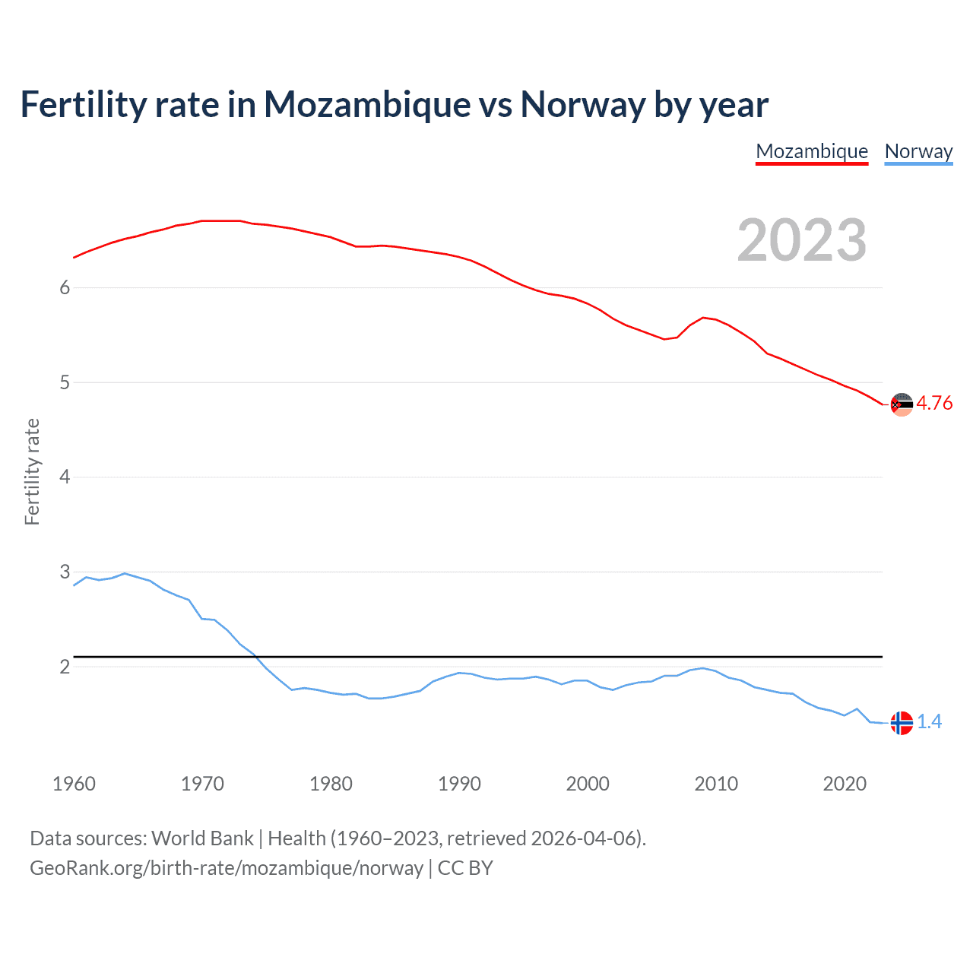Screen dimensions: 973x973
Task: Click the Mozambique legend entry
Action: point(812,151)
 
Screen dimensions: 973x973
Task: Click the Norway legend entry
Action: point(918,151)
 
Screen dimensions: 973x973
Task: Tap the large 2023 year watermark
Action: point(801,240)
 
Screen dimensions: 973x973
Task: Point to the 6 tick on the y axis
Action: point(65,287)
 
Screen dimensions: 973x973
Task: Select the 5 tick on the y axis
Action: point(65,382)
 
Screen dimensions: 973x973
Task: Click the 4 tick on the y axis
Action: point(65,477)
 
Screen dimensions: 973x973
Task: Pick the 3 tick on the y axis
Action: point(65,572)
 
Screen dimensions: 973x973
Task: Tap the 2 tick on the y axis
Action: point(65,667)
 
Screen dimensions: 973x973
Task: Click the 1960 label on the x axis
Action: point(74,784)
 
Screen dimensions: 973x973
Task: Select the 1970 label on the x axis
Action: point(202,784)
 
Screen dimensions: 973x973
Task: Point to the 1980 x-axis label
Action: point(331,784)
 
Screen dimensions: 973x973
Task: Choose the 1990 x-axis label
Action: point(459,784)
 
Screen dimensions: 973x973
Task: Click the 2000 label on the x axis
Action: point(588,784)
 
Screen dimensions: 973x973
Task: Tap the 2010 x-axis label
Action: point(716,784)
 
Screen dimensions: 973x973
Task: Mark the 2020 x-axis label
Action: point(845,784)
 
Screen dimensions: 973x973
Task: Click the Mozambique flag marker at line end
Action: point(902,404)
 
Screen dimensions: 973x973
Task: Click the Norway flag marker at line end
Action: point(902,723)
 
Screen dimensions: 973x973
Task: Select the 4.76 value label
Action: point(934,404)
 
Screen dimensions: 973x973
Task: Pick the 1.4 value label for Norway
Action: point(929,722)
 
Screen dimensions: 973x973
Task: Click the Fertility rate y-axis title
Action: point(32,471)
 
